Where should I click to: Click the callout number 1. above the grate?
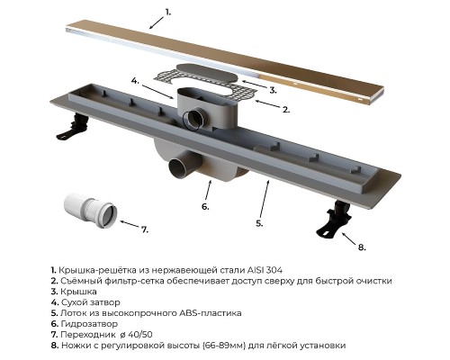tap(168, 13)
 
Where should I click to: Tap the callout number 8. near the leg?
tap(362, 247)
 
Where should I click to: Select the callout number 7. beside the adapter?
tap(145, 229)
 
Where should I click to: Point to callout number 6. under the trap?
tap(205, 207)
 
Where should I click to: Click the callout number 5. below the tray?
tap(259, 223)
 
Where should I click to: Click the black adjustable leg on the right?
tap(335, 220)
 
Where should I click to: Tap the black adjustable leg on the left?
tap(73, 126)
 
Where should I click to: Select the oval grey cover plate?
tap(207, 74)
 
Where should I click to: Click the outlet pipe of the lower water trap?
tap(182, 168)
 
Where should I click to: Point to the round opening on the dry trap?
tap(193, 120)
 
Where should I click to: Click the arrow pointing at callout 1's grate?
tap(157, 22)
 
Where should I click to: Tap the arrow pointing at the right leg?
tap(348, 239)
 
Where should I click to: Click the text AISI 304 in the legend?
tap(265, 270)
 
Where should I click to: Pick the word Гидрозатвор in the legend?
tap(89, 324)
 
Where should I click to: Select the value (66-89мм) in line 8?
tap(224, 346)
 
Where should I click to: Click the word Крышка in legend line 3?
tap(78, 292)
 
